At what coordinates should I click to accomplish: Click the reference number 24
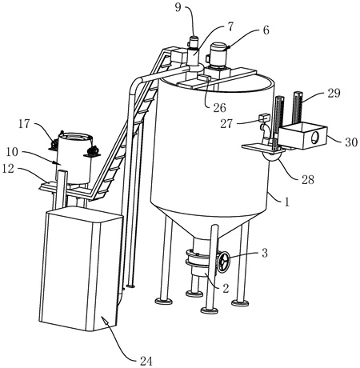pyautogui.click(x=146, y=361)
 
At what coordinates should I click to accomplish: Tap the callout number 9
pyautogui.click(x=178, y=7)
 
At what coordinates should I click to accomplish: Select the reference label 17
pyautogui.click(x=24, y=124)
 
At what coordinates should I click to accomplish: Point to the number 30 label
pyautogui.click(x=351, y=142)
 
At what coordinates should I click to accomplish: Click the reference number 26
pyautogui.click(x=219, y=108)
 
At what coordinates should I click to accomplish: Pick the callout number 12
pyautogui.click(x=8, y=168)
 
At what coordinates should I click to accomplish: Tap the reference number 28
pyautogui.click(x=308, y=179)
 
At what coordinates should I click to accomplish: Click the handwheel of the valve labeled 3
pyautogui.click(x=223, y=262)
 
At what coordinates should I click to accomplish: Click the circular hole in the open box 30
pyautogui.click(x=315, y=138)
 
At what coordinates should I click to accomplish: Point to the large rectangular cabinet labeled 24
pyautogui.click(x=81, y=269)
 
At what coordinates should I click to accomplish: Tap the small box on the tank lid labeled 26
pyautogui.click(x=204, y=78)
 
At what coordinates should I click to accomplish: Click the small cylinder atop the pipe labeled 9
pyautogui.click(x=194, y=42)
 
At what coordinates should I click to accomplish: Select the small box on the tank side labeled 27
pyautogui.click(x=264, y=117)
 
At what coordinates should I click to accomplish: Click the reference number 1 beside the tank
pyautogui.click(x=286, y=202)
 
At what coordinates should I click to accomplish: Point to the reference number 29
pyautogui.click(x=334, y=93)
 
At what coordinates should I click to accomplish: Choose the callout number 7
pyautogui.click(x=230, y=26)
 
